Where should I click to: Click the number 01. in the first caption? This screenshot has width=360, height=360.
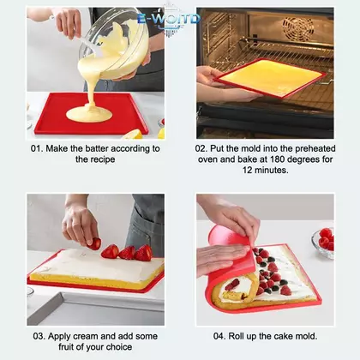click(37, 149)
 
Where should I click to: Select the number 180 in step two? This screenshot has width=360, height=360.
click(279, 159)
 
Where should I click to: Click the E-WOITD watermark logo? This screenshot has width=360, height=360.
click(169, 20)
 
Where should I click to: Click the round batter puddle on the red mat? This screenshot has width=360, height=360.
click(89, 113)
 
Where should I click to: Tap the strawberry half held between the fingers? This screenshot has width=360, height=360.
click(94, 243)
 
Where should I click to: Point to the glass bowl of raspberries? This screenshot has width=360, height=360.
click(323, 243)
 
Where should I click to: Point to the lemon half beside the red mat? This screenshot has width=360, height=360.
click(133, 135)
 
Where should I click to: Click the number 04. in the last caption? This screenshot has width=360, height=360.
click(219, 336)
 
